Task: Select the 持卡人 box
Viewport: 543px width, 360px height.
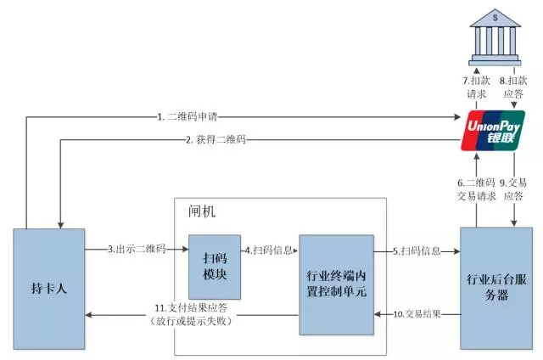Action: coord(48,288)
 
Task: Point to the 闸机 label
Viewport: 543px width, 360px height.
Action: coord(201,211)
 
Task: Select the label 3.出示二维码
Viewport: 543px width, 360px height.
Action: coord(137,250)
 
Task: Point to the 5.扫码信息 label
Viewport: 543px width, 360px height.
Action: coord(417,250)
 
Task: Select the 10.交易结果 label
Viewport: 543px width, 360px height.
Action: coord(418,314)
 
